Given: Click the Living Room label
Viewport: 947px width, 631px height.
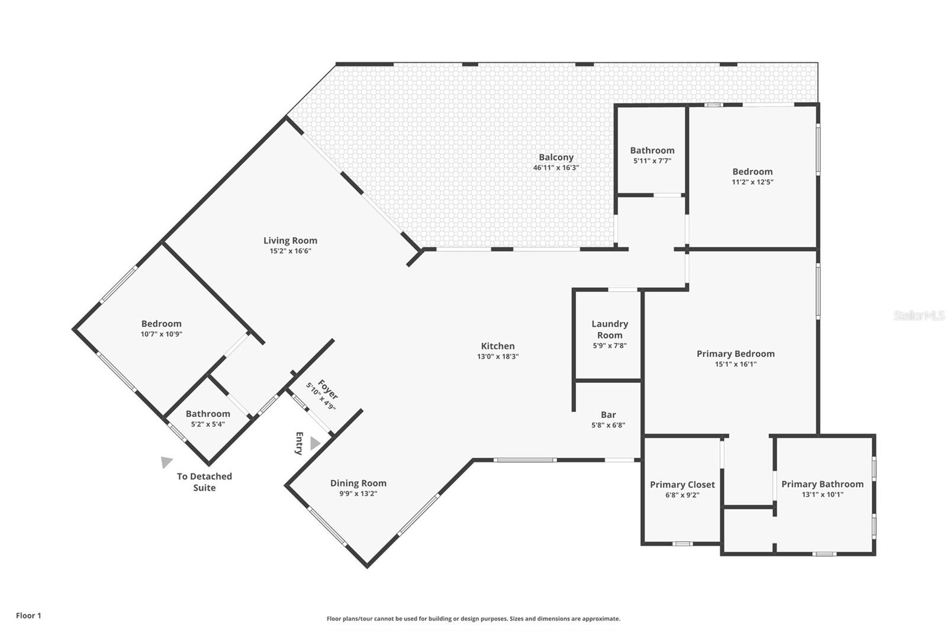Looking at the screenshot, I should [x=290, y=240].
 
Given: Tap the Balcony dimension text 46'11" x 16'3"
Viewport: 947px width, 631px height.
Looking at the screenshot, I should [x=556, y=168].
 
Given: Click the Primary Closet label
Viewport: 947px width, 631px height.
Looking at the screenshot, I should [x=682, y=484].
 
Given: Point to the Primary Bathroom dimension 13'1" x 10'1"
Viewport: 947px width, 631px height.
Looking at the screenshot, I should [x=822, y=494].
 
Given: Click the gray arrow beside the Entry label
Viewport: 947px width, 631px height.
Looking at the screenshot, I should [x=315, y=443].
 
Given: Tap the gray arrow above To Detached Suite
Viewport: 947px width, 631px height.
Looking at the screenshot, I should [x=167, y=462].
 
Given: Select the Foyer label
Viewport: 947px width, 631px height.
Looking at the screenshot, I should [x=327, y=389].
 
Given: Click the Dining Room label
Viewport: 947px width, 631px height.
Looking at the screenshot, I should [x=358, y=483].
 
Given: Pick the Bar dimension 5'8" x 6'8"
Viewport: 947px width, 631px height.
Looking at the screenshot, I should [x=608, y=425].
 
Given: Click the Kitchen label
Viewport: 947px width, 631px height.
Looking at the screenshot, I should [x=498, y=346].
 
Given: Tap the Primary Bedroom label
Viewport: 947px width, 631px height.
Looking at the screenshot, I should [x=735, y=353].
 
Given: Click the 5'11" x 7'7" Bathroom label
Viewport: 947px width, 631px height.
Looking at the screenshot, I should [x=652, y=150].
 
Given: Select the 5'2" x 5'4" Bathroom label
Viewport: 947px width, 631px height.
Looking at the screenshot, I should [x=208, y=414].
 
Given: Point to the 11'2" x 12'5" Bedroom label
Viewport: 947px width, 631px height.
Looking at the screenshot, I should [x=752, y=172].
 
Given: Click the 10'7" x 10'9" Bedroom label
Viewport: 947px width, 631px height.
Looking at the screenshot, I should [x=161, y=323].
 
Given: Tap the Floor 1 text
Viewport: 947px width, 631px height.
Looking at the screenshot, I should [x=28, y=616].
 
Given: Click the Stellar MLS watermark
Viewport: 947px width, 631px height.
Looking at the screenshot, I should [x=919, y=316].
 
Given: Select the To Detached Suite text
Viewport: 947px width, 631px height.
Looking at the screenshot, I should [x=204, y=482].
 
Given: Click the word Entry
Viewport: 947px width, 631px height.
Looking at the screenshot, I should [x=299, y=443].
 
